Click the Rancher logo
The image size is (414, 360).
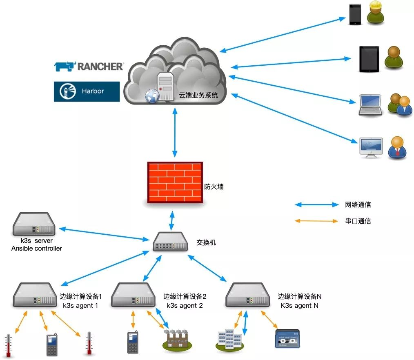pos(89,66)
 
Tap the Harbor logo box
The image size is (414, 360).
pos(87,91)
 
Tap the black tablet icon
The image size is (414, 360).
pos(369,59)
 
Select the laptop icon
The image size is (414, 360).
pos(370,105)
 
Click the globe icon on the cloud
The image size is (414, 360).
pos(152,96)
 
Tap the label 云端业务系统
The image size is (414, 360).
pos(198,96)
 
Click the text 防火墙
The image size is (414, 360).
pos(214,187)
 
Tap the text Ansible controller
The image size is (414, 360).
pos(37,248)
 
